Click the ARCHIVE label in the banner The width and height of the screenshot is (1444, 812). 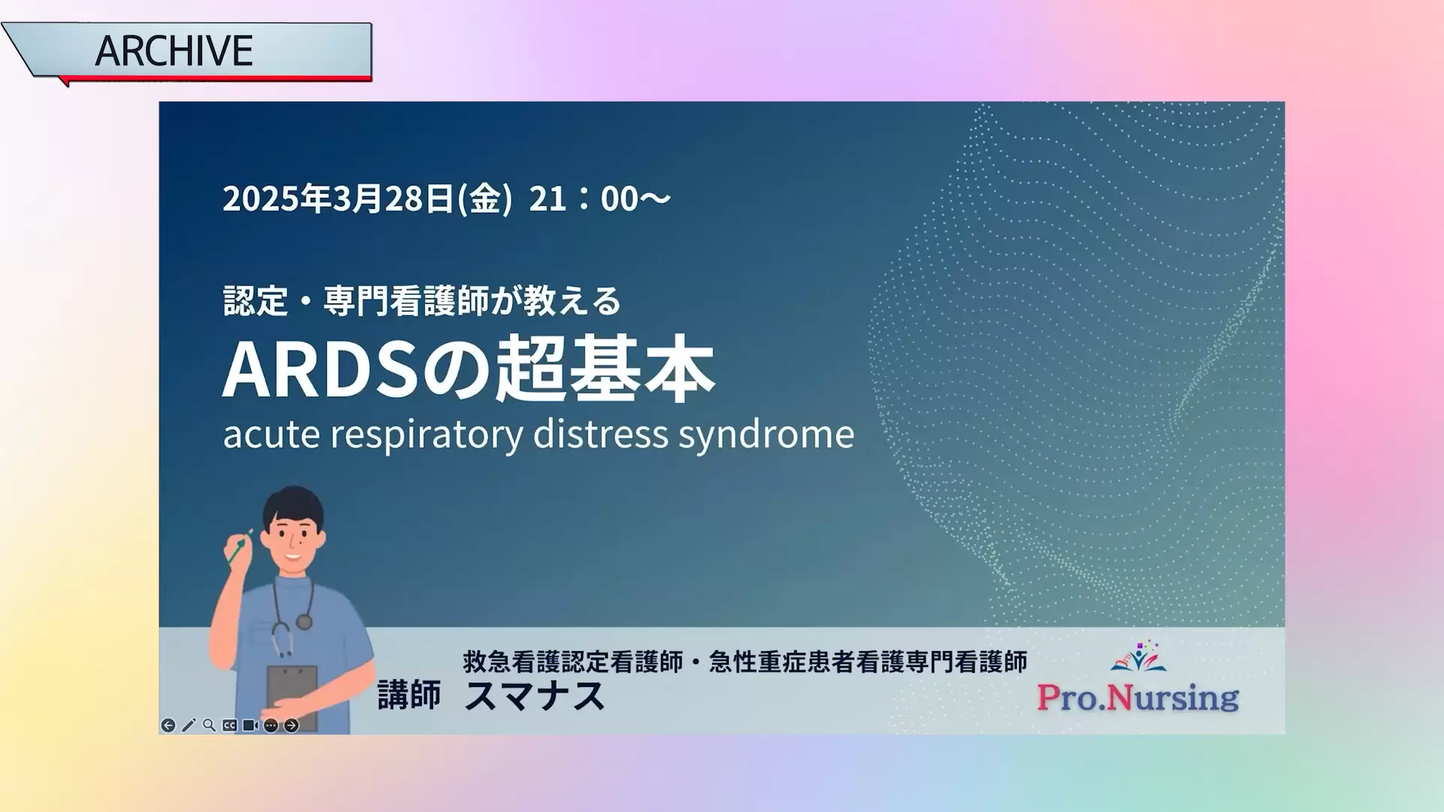pos(174,50)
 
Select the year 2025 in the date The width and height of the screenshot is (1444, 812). pos(261,198)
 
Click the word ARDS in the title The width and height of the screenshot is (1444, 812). pos(320,370)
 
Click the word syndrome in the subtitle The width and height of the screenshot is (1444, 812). pos(766,435)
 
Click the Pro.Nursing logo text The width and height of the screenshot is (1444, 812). pos(1138,697)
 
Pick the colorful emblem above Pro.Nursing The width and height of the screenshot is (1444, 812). pos(1139,656)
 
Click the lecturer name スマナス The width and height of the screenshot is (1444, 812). pos(535,695)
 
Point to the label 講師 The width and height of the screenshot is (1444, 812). pos(409,695)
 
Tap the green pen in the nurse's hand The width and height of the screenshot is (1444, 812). pos(240,547)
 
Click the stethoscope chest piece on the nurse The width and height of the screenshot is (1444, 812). pos(304,622)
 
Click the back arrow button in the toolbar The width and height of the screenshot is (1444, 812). pos(168,726)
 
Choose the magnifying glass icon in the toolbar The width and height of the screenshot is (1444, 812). pos(209,725)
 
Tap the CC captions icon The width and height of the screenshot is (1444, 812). pos(229,726)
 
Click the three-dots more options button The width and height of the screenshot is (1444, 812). pos(271,726)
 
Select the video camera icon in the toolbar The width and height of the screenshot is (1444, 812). pos(250,726)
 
